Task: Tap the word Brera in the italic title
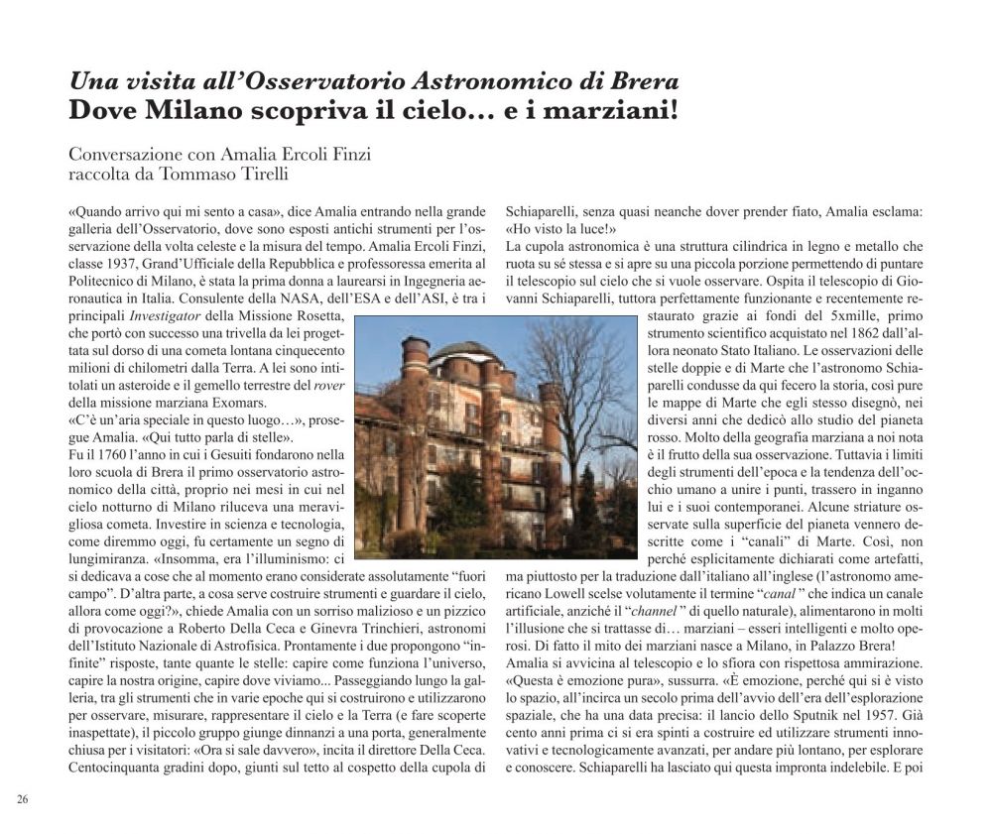pos(644,81)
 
